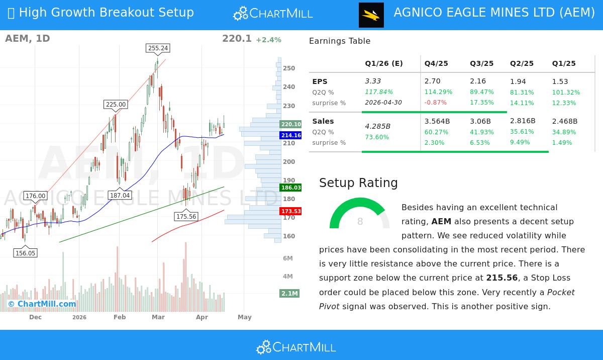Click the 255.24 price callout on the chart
click(x=158, y=48)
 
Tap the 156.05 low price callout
click(x=25, y=253)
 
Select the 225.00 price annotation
click(x=116, y=105)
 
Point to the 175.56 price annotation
click(x=186, y=217)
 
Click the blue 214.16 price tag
click(x=291, y=135)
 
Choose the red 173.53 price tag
click(x=291, y=211)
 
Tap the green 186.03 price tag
click(x=291, y=188)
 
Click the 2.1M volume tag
click(x=289, y=293)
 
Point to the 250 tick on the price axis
click(x=289, y=68)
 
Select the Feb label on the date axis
click(x=120, y=317)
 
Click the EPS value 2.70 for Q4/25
click(x=432, y=81)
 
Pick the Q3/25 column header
click(x=481, y=63)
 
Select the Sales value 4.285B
click(x=377, y=126)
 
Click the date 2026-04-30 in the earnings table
click(x=383, y=103)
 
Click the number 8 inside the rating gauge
click(x=360, y=222)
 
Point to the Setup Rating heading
click(x=358, y=183)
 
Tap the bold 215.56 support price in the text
click(x=501, y=278)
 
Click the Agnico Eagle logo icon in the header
click(x=371, y=15)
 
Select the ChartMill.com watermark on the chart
click(x=42, y=304)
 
